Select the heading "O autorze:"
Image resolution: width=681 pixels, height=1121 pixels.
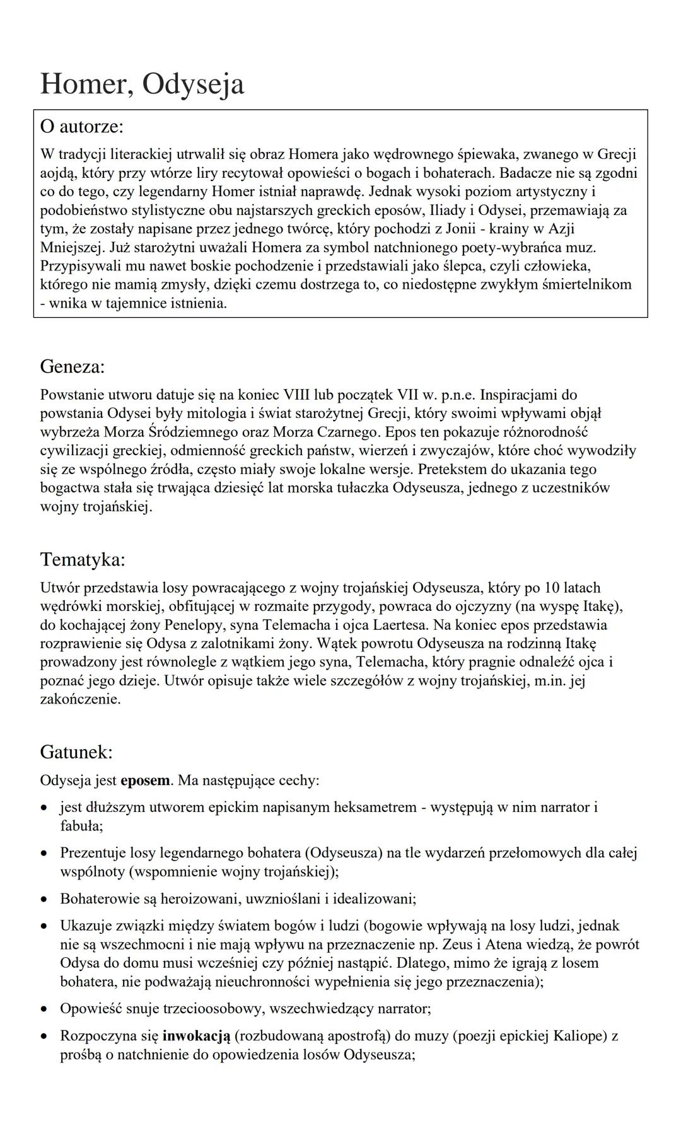(x=82, y=126)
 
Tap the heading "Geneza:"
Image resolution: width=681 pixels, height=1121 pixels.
(x=73, y=366)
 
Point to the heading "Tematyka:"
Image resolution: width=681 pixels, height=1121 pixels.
(x=83, y=559)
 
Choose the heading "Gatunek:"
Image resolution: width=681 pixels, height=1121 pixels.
(x=76, y=752)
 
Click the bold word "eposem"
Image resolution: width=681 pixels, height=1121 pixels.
(x=145, y=781)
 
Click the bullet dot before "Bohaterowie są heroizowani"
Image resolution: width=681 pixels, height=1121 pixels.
(x=44, y=899)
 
